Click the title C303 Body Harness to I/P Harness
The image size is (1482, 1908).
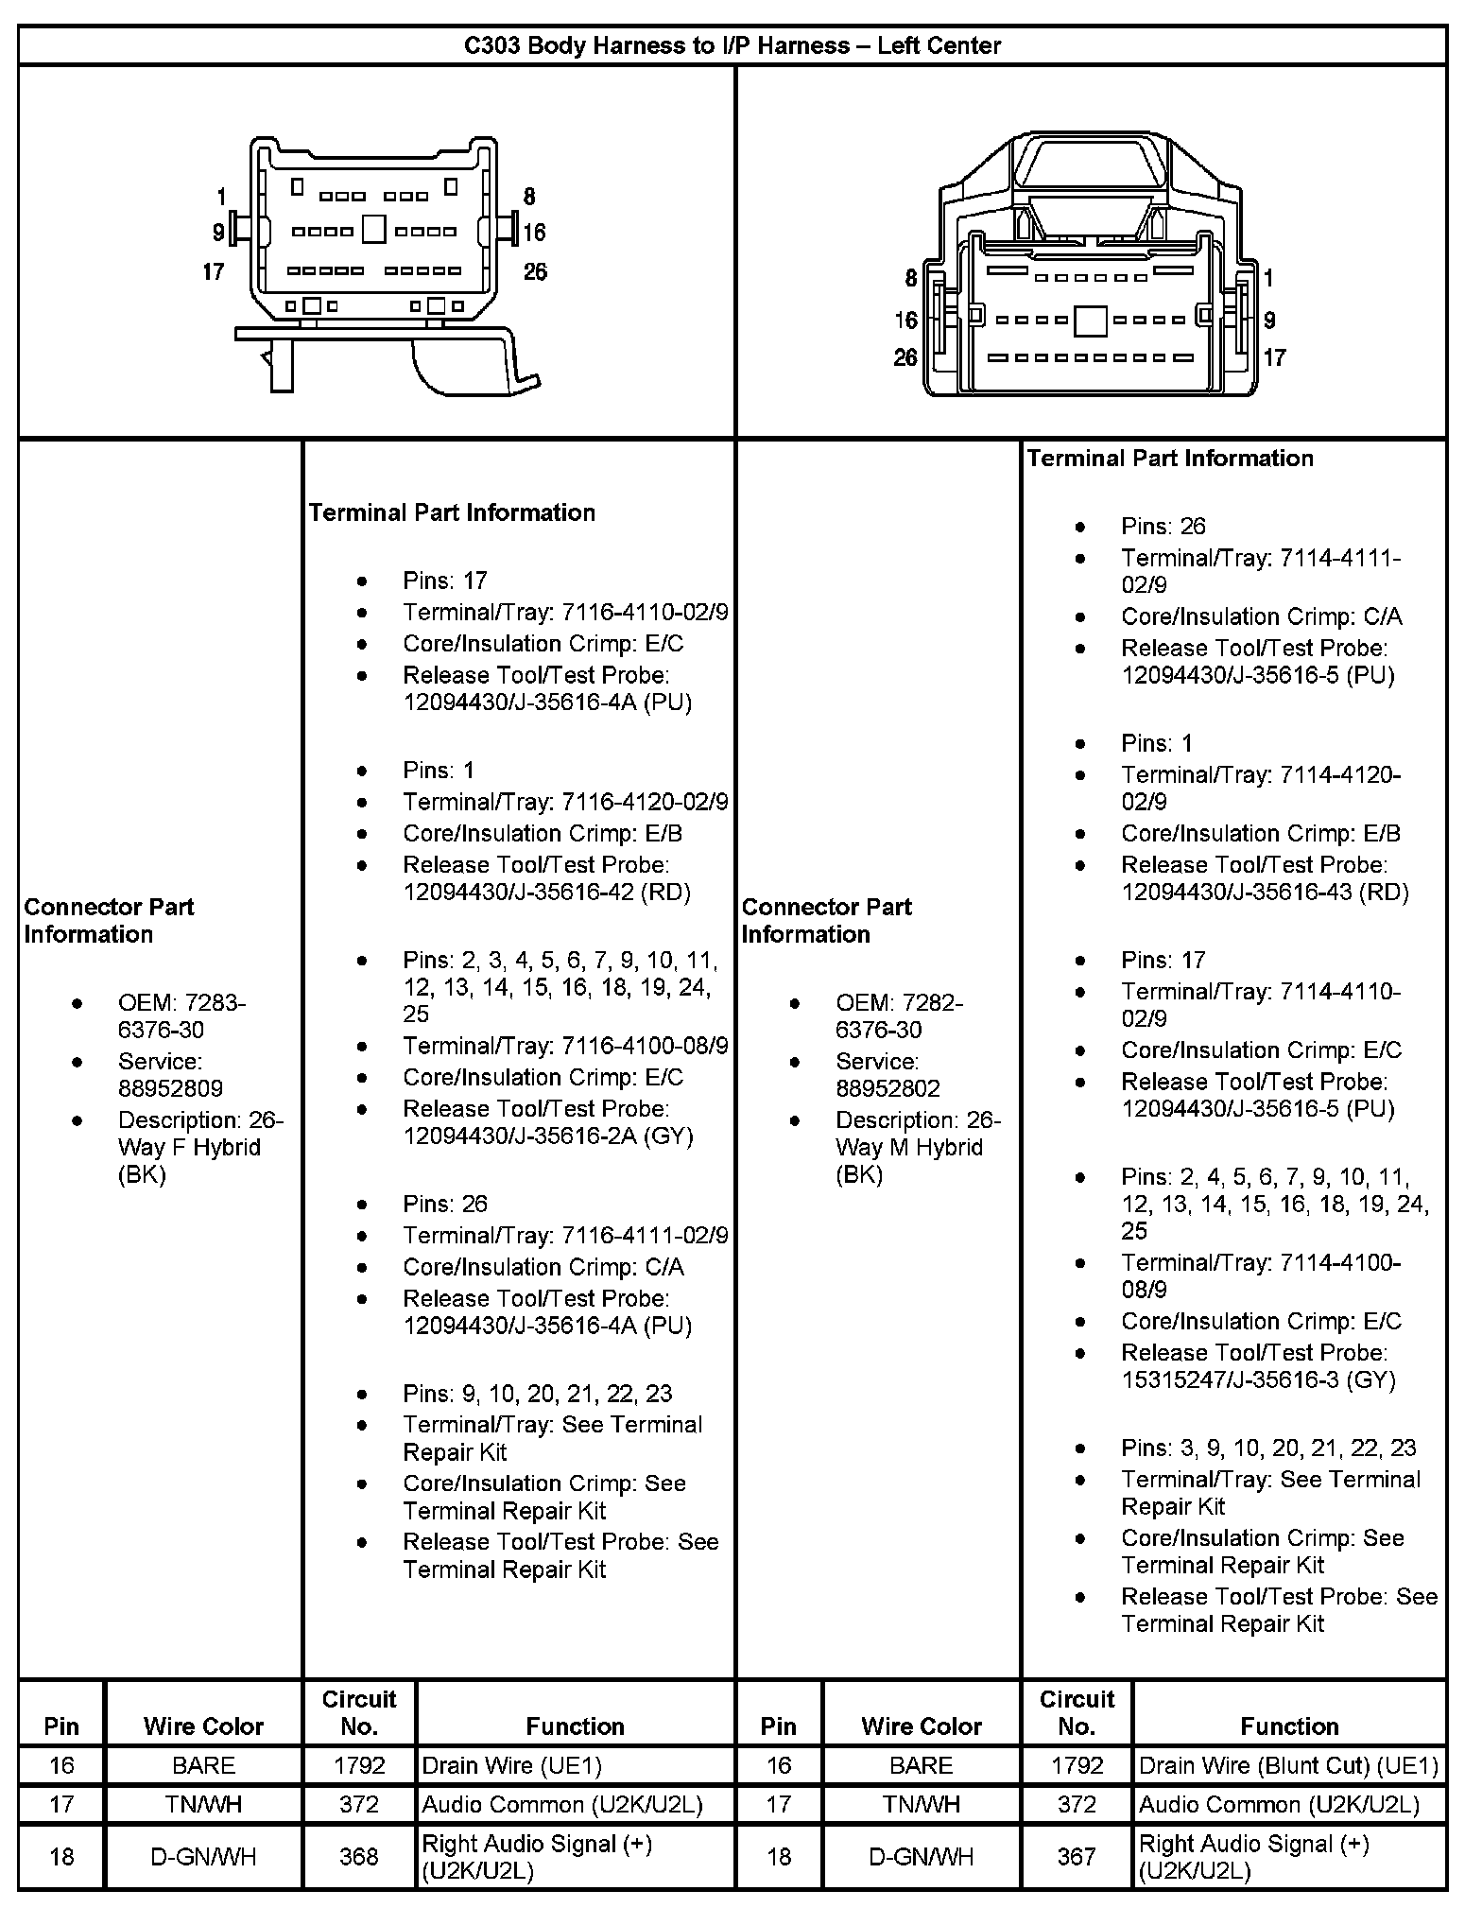pos(732,45)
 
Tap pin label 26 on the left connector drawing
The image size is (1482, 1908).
pos(535,272)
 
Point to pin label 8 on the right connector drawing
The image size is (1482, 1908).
pos(910,278)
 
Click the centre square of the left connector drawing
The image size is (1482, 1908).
pos(374,230)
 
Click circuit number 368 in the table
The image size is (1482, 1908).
pos(359,1856)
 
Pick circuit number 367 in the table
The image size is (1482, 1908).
pos(1077,1856)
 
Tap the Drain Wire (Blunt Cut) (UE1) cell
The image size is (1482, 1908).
pos(1288,1765)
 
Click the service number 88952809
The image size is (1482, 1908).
pos(170,1088)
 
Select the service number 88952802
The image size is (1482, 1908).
pos(887,1088)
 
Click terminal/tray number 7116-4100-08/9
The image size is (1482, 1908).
pos(645,1046)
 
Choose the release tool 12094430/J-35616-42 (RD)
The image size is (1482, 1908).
pos(546,893)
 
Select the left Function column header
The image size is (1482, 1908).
pos(575,1726)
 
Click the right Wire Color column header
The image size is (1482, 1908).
pos(921,1726)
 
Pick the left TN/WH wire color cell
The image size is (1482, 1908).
pos(203,1804)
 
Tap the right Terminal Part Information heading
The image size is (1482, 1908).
pos(1170,459)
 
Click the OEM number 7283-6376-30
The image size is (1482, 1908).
pos(180,1015)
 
